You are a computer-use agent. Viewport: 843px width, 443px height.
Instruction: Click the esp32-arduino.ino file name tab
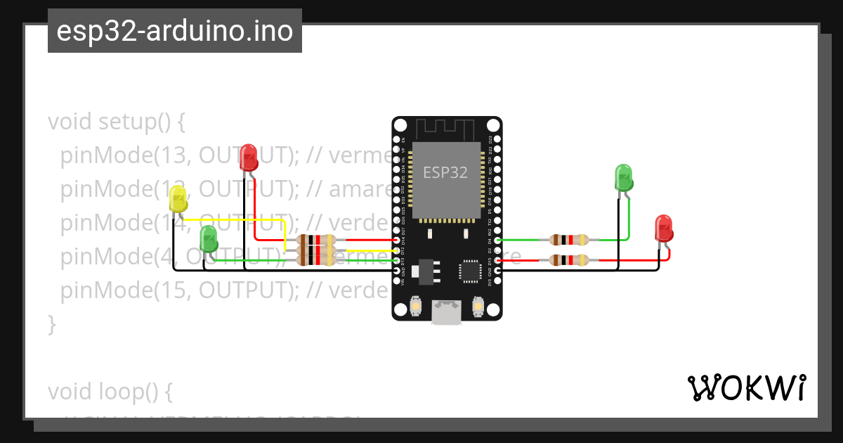(174, 31)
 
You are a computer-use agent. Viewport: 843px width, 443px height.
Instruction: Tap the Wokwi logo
(746, 387)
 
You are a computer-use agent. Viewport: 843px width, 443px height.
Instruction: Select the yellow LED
(178, 200)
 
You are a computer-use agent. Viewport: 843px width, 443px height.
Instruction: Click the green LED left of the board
(209, 238)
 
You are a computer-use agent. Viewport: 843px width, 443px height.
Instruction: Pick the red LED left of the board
(248, 158)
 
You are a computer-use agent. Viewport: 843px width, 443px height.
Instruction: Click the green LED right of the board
(624, 177)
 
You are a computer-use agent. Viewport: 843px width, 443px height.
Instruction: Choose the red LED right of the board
(663, 229)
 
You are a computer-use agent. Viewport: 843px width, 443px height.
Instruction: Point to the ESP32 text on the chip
(445, 172)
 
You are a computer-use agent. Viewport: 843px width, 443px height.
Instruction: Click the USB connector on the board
(447, 312)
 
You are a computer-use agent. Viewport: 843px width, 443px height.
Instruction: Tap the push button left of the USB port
(416, 307)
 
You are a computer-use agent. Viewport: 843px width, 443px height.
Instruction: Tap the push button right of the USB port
(478, 307)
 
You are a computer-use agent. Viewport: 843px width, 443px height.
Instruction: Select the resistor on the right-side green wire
(569, 240)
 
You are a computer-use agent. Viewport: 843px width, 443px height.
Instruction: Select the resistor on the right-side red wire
(569, 261)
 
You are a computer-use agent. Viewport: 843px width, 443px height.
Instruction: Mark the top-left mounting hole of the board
(400, 125)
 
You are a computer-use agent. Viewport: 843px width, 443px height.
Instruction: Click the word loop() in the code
(138, 391)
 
